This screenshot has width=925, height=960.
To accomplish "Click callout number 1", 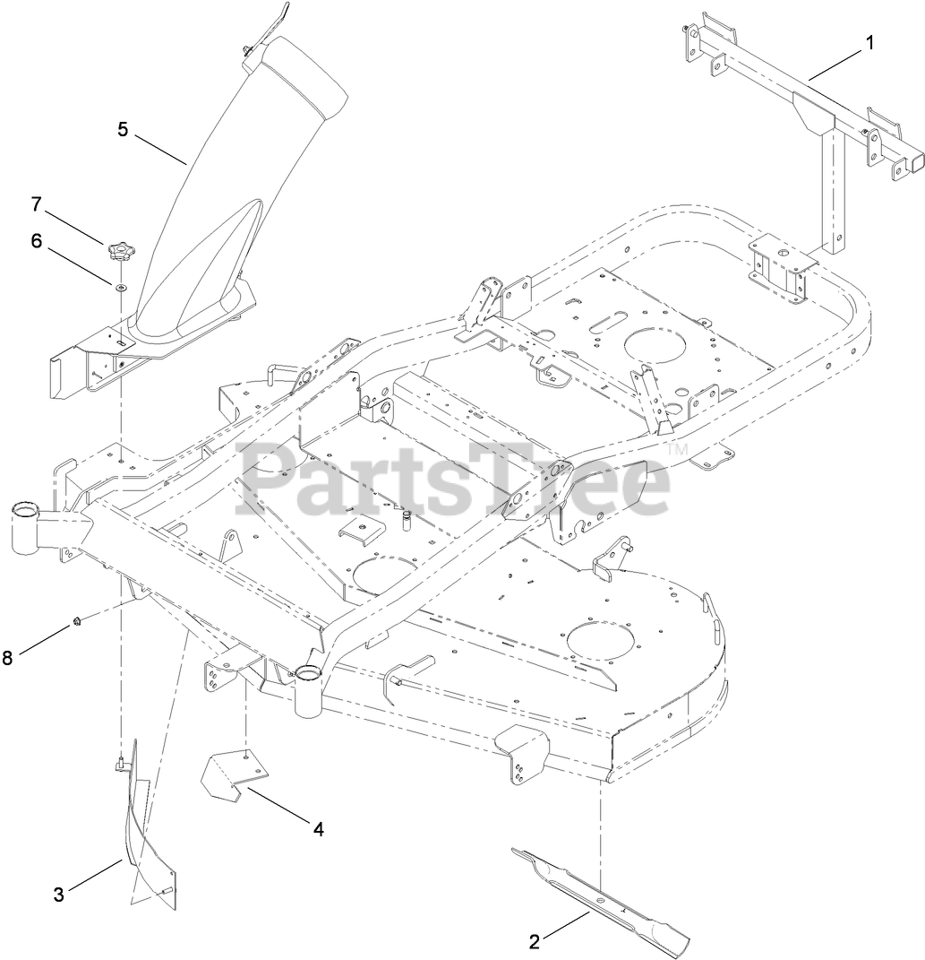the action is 870,41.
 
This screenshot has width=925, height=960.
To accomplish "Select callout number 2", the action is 534,941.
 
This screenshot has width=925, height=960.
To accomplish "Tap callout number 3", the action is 58,894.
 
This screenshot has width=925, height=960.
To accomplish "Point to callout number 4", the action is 318,829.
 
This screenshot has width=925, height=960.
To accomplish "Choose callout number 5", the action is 124,129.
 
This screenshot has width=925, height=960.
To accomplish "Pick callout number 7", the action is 37,204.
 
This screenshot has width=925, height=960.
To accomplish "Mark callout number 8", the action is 8,657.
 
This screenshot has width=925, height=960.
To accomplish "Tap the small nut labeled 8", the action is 77,622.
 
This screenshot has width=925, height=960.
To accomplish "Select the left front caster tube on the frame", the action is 27,529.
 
